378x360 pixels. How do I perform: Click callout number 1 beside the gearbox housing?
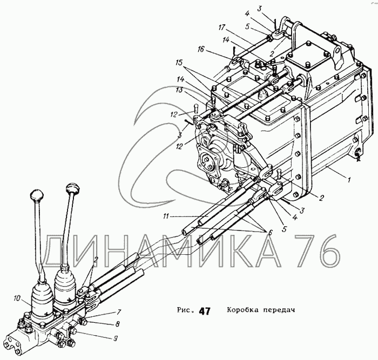point(350,181)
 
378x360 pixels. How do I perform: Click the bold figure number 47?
point(204,311)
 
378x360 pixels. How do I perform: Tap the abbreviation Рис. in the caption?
point(185,311)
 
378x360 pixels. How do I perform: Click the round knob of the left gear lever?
point(36,195)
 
